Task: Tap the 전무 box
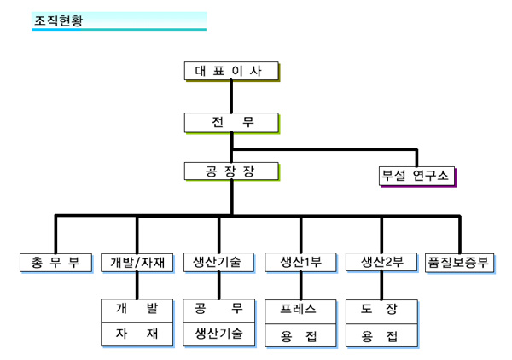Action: [231, 122]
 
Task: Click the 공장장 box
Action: [231, 171]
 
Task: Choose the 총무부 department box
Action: [55, 262]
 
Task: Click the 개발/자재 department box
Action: [137, 262]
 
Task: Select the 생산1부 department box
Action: [300, 262]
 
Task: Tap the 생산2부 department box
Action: [381, 262]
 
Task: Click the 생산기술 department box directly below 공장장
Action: [218, 262]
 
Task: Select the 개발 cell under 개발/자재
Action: [137, 309]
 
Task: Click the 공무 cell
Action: [218, 309]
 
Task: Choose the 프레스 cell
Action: [300, 309]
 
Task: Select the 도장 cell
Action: [381, 309]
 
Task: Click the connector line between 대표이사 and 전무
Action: [231, 96]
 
